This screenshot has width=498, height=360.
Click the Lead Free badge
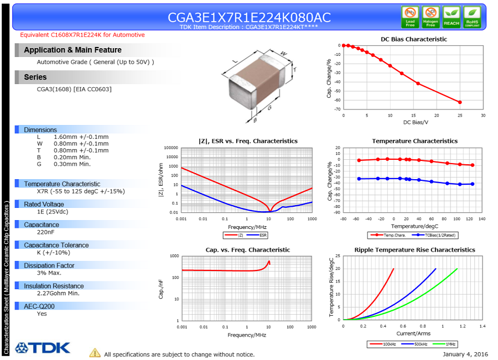coord(410,17)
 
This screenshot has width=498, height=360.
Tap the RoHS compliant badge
coord(472,17)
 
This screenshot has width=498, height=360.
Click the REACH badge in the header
coord(452,17)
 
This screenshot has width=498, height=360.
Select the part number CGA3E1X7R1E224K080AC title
coord(249,17)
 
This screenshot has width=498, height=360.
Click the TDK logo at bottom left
coord(43,348)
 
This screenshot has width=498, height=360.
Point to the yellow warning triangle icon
coord(95,353)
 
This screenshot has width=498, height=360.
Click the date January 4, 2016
coord(465,354)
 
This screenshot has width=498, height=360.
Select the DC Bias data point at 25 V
coord(460,102)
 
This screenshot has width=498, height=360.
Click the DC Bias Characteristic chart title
coord(414,39)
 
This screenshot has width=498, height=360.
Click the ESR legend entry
coord(263,235)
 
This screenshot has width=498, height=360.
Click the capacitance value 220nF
coord(46,233)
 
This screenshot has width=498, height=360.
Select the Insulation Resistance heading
coord(54,286)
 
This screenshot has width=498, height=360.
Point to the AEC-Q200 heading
coord(39,306)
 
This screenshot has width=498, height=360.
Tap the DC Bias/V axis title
coord(416,122)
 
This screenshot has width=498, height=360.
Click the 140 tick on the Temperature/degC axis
coord(482,218)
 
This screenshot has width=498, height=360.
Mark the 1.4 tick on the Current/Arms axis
coord(482,326)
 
